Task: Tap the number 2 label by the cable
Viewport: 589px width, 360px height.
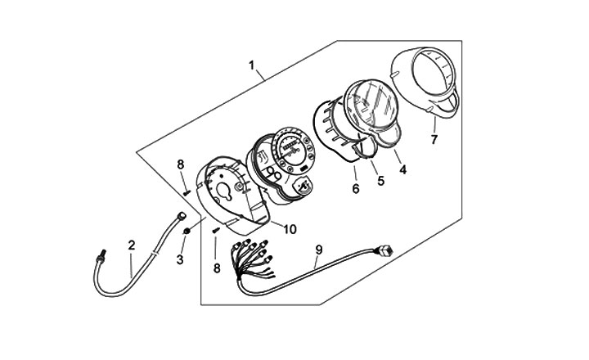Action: [x=131, y=243]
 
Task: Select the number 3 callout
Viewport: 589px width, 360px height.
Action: [x=181, y=260]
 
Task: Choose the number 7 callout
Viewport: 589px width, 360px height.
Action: [x=434, y=139]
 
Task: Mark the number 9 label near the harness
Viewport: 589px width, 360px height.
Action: [x=318, y=247]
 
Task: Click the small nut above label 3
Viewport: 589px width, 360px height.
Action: [x=187, y=232]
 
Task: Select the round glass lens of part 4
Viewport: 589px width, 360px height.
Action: [x=372, y=106]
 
